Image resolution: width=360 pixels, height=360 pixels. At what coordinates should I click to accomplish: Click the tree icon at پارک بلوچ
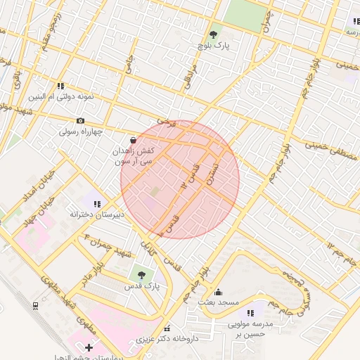click(213, 34)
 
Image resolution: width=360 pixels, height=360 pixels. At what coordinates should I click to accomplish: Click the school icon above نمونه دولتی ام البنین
click(61, 85)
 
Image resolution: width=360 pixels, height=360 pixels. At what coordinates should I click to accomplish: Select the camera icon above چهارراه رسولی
click(79, 121)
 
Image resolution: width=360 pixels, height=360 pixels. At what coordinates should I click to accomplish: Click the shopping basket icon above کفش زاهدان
click(134, 141)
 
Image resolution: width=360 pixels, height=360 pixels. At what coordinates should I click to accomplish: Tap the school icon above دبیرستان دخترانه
click(97, 203)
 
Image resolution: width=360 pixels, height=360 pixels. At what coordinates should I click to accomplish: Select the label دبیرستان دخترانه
click(97, 214)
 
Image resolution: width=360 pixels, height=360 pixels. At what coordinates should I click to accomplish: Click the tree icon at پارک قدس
click(142, 274)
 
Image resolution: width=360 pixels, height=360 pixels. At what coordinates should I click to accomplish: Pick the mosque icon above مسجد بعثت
click(218, 292)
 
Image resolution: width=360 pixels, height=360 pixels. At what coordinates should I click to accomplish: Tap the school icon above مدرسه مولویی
click(250, 311)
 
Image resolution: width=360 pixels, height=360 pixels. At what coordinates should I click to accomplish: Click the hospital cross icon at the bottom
click(89, 348)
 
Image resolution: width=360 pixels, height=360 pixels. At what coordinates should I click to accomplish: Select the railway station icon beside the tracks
click(35, 305)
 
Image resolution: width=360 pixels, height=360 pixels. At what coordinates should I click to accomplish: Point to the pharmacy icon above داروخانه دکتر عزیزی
click(167, 329)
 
